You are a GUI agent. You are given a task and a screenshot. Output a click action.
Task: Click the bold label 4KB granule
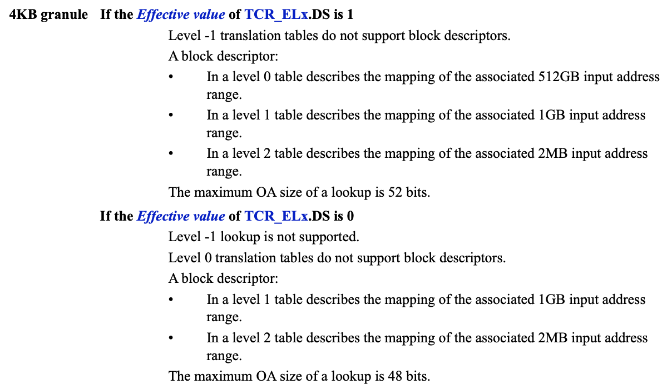[48, 14]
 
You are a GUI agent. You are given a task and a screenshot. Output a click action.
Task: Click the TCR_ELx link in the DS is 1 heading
[276, 14]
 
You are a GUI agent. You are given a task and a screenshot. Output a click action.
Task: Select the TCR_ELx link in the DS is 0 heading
[276, 216]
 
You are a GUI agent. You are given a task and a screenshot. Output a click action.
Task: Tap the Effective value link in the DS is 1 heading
[181, 14]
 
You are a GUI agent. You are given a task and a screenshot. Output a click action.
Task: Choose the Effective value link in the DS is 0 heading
[181, 216]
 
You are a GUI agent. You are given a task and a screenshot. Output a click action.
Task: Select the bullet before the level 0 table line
[171, 77]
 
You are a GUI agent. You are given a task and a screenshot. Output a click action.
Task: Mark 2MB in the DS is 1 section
[552, 153]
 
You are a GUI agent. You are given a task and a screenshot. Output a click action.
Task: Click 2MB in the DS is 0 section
[552, 338]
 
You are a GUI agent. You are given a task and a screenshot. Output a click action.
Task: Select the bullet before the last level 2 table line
[171, 338]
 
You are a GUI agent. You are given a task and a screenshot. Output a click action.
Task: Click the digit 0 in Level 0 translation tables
[208, 258]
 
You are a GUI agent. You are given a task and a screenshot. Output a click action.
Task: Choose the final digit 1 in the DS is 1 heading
[350, 14]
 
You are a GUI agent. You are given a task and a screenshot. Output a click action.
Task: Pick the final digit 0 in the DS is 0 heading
[350, 216]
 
